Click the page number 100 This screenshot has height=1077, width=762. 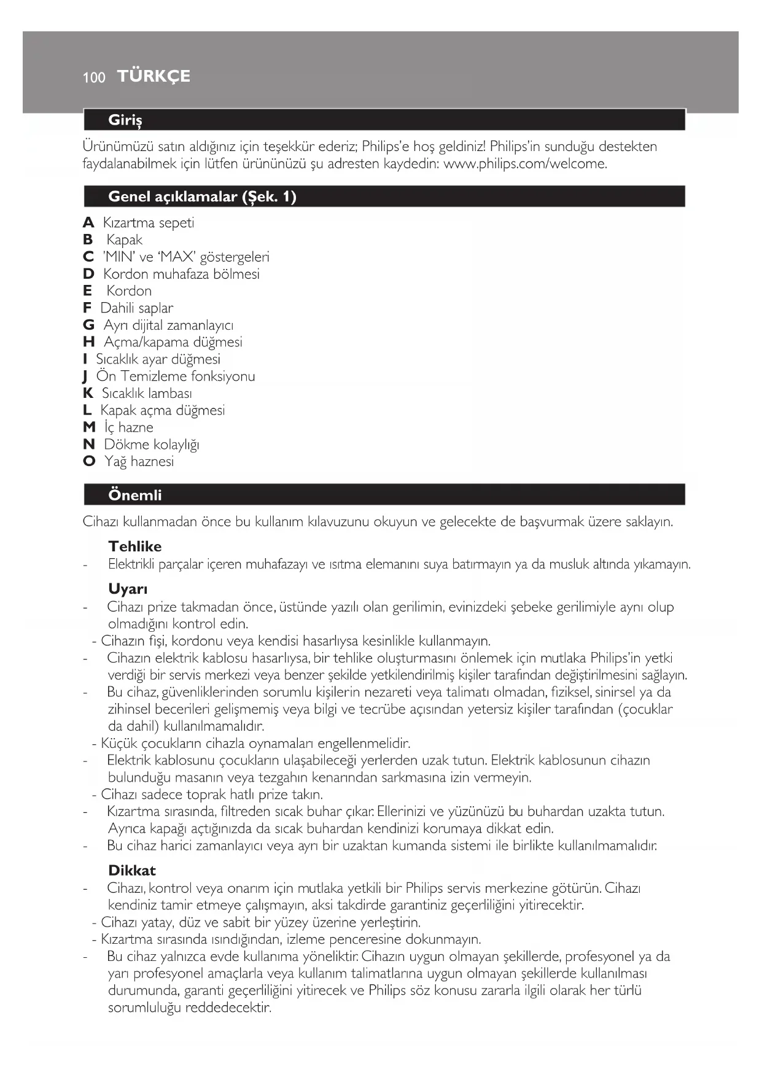pos(94,77)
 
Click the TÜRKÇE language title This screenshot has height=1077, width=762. pos(154,76)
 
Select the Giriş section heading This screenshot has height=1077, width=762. pos(125,120)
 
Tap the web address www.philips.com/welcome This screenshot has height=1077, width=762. pos(525,164)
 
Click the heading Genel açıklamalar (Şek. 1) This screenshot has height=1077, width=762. pos(202,196)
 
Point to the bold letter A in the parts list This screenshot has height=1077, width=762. pos(88,223)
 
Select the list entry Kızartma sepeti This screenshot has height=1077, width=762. pos(149,223)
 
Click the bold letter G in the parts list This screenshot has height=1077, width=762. pos(88,325)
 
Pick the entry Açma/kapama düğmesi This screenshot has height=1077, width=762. pos(173,342)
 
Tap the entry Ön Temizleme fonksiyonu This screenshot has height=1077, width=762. pos(176,376)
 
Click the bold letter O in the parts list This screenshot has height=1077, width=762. pos(89,461)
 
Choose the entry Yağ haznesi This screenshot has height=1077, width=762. pos(139,461)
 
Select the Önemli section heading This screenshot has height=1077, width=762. pos(135,495)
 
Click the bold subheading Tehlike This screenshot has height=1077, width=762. pos(135,546)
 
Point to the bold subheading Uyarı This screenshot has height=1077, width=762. pos(128,589)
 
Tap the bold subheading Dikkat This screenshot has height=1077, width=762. pos(132,871)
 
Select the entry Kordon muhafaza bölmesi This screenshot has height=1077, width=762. pos(181,274)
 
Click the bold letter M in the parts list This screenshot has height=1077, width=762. pos(89,427)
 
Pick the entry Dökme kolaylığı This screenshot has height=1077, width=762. pos(152,445)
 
